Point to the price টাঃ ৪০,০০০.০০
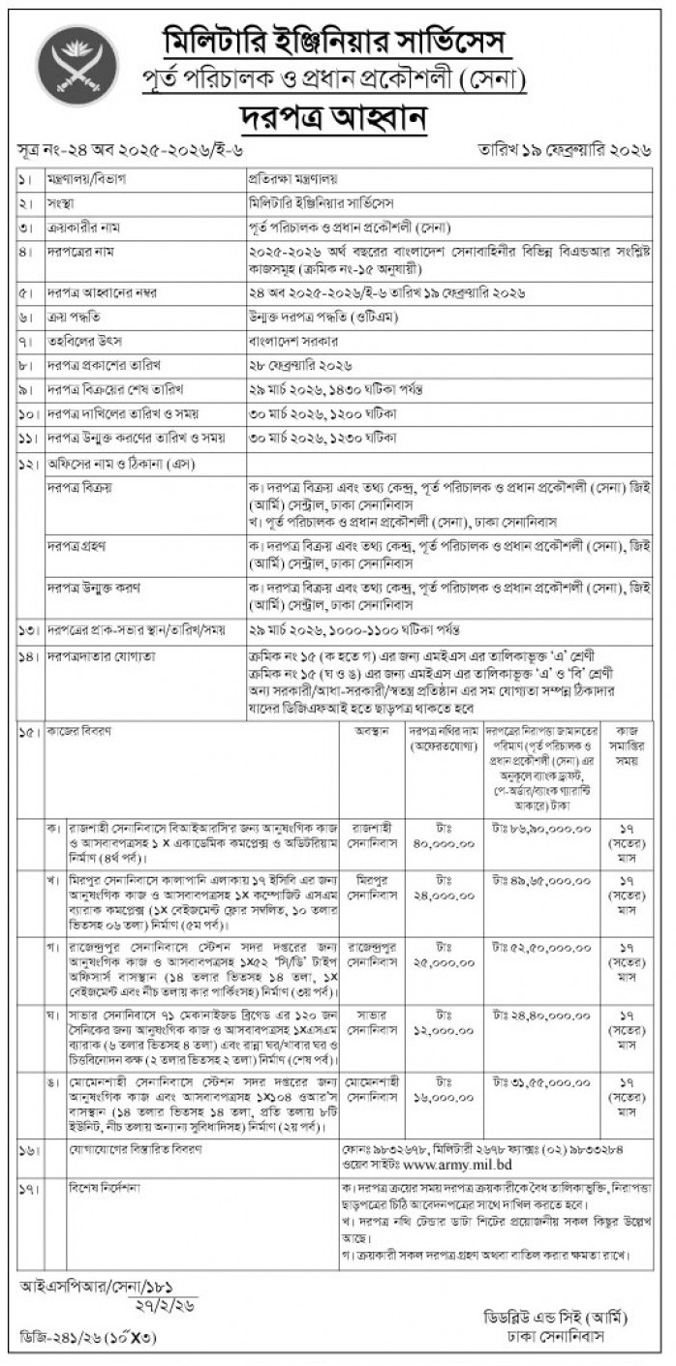(443, 836)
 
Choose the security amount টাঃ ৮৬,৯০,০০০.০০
(538, 830)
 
